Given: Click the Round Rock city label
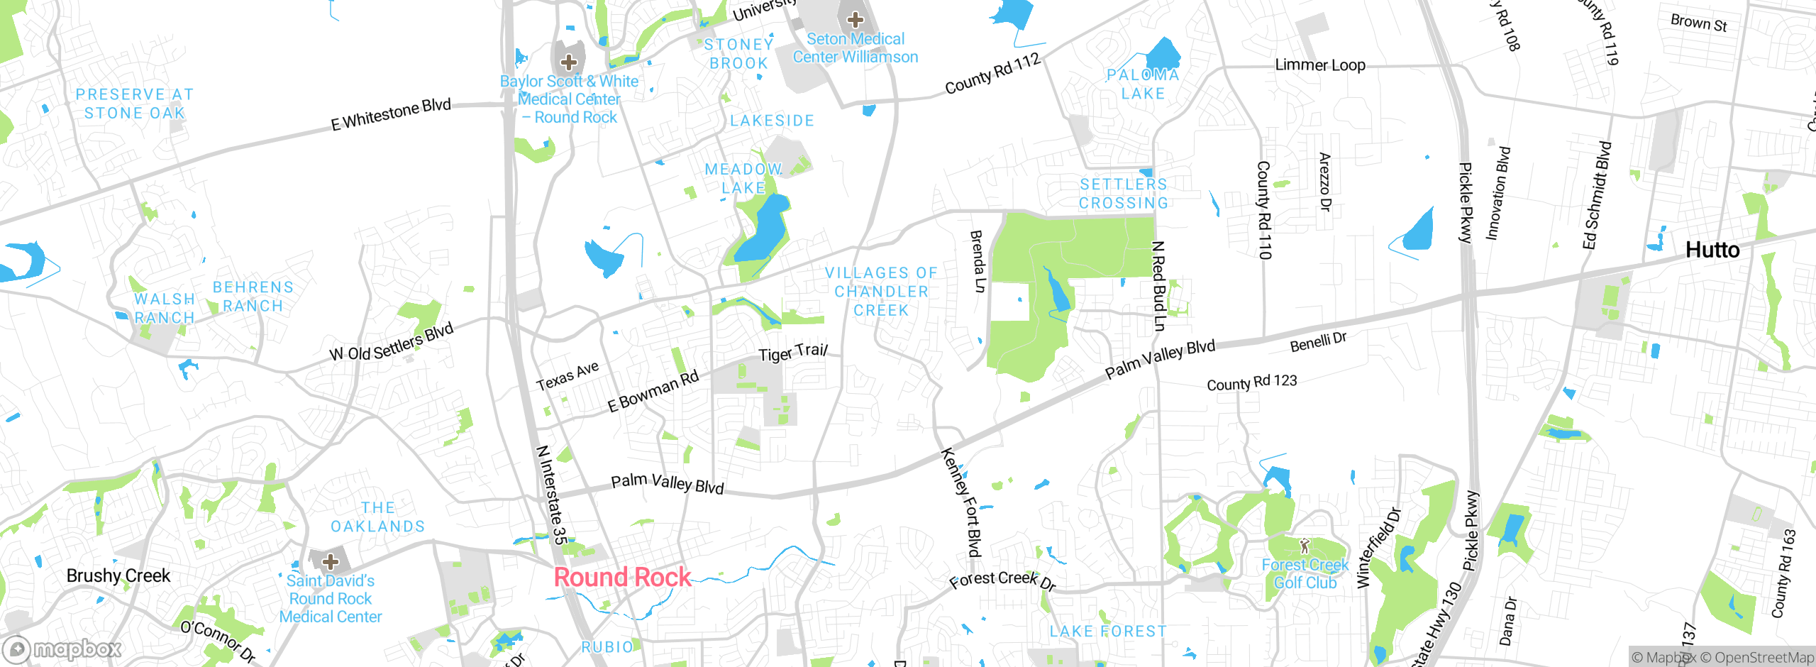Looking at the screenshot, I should [622, 577].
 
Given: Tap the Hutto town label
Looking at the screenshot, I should [1712, 250].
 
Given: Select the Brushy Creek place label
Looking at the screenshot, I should [118, 575].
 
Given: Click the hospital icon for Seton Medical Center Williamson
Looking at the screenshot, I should [855, 19].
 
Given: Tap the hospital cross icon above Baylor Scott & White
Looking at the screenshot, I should [568, 62].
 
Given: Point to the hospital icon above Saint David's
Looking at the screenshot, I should [330, 562].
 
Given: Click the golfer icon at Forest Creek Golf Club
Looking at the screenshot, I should [1304, 546].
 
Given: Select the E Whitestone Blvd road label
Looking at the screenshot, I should [391, 114].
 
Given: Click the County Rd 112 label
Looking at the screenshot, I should [992, 74].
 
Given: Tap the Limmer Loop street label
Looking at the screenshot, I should [1319, 65].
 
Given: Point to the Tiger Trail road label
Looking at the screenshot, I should [792, 353].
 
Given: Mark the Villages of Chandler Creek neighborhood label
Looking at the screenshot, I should [881, 292].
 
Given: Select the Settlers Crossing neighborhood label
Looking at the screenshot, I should [1124, 194].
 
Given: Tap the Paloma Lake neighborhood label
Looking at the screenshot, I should [1143, 84].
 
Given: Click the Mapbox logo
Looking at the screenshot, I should [62, 649].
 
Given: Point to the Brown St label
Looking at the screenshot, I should [1698, 23].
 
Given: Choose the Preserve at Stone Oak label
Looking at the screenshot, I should [134, 104].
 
